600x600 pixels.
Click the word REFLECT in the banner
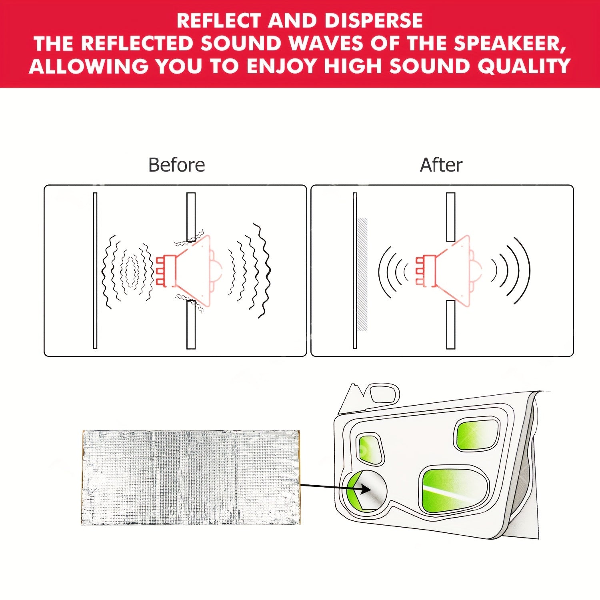tap(218, 20)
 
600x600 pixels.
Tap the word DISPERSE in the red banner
tap(373, 20)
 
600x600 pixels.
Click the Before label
tap(176, 165)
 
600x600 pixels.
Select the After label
tap(441, 165)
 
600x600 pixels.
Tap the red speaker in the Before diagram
tap(188, 271)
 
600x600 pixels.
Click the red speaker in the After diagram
tap(448, 271)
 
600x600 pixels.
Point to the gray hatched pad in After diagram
tap(362, 274)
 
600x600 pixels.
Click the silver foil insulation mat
tap(191, 477)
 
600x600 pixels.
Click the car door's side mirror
tap(384, 393)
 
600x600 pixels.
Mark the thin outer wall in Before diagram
tap(95, 271)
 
